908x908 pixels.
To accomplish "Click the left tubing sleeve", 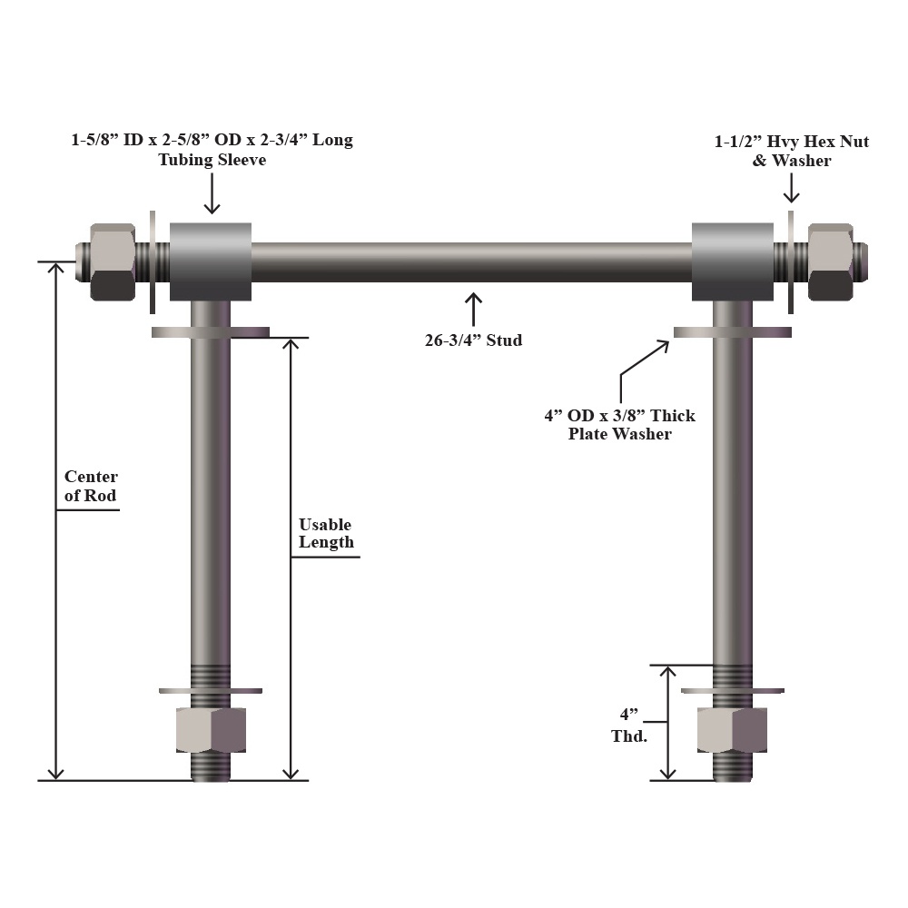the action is point(211,262).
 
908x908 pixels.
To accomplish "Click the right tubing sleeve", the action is point(733,262).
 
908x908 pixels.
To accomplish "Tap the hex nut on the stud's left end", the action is point(113,262).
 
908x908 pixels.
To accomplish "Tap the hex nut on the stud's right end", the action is point(831,262).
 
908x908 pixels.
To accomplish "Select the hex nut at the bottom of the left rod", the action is point(211,730).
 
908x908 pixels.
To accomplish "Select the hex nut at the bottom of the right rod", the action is point(733,730).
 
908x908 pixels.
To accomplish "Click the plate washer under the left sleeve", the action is point(211,332).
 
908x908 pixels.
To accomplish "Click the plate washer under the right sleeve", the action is point(733,332).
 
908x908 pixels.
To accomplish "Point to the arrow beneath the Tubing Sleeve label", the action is point(212,193).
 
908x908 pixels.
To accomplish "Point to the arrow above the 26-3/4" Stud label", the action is point(474,310).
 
